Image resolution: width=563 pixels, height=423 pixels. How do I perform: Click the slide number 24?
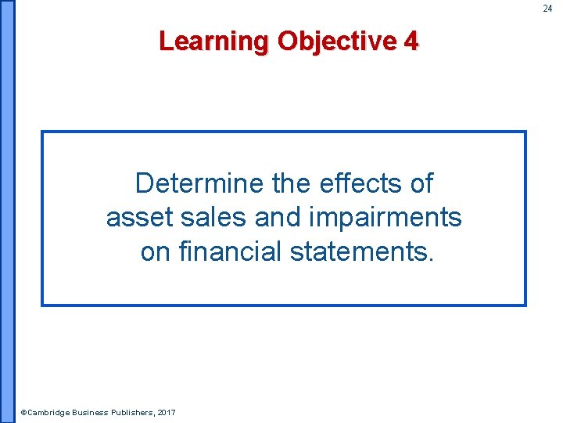[x=547, y=9]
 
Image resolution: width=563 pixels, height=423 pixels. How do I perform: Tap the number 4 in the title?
[x=411, y=41]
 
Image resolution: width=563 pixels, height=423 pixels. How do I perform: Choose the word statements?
[x=361, y=252]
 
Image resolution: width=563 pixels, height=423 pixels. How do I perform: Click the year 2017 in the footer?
[x=167, y=413]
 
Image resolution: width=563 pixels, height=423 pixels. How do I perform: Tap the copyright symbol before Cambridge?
[x=23, y=413]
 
